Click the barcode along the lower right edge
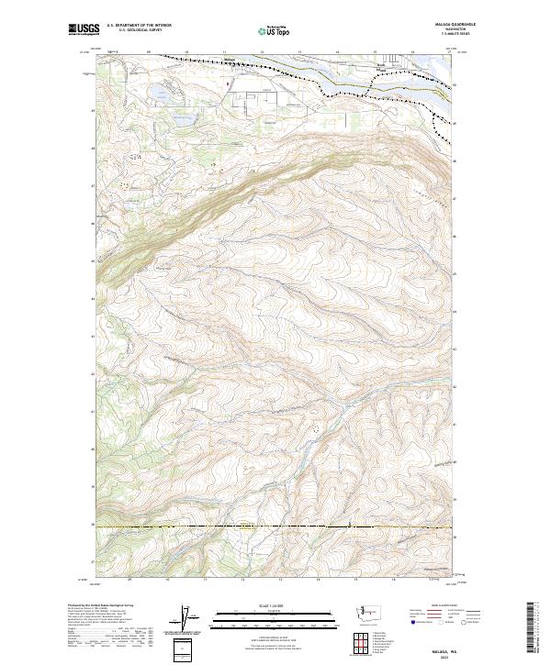click(532, 628)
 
